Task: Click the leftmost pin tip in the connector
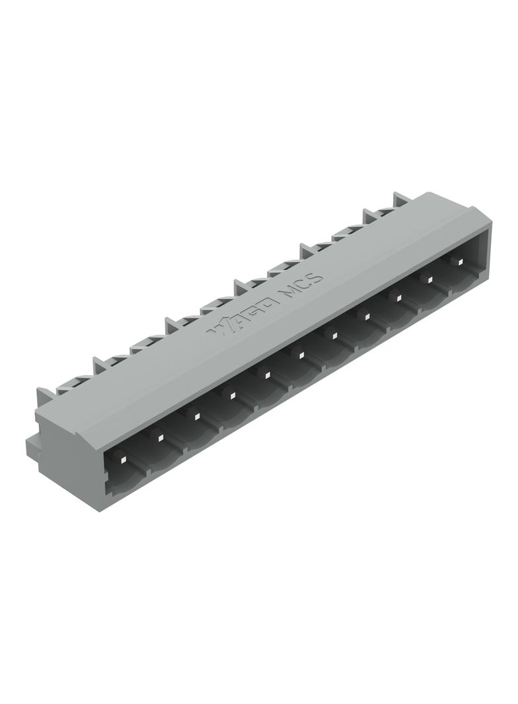pyautogui.click(x=123, y=458)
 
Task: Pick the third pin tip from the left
pyautogui.click(x=195, y=416)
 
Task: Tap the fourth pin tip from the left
pyautogui.click(x=231, y=396)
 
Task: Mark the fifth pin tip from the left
pyautogui.click(x=266, y=375)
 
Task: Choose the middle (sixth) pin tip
pyautogui.click(x=301, y=355)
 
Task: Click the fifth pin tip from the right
pyautogui.click(x=334, y=336)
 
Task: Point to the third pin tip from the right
pyautogui.click(x=399, y=299)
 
